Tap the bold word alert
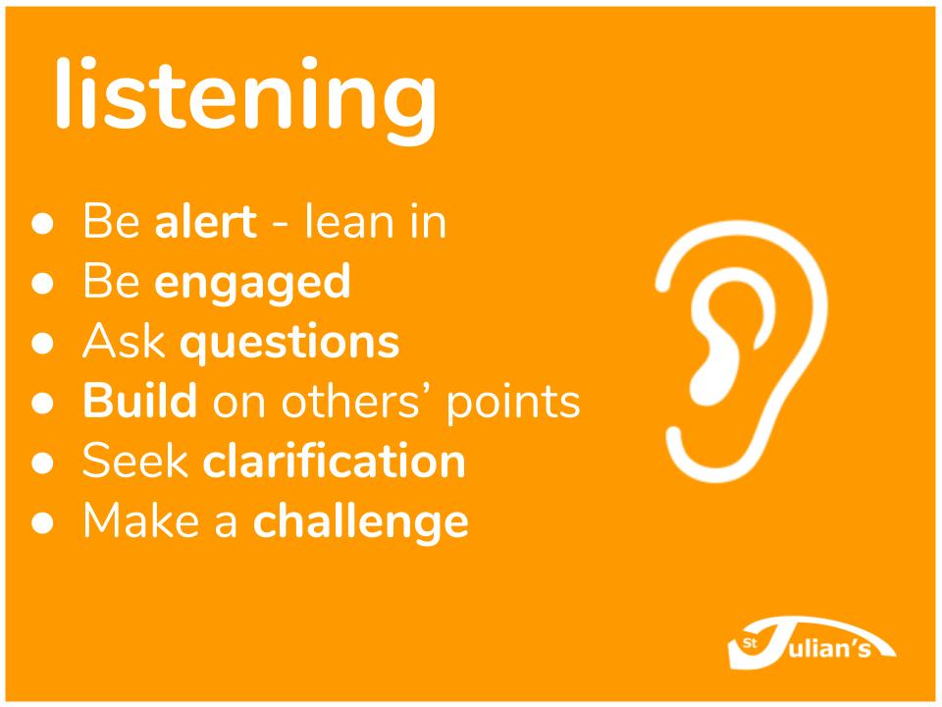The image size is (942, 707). coord(206,221)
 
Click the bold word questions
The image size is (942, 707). coord(289,343)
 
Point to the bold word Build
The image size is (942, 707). coord(140,400)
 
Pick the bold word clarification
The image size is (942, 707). coord(334,461)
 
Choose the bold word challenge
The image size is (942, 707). coord(360,520)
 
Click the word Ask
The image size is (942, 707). coord(124,341)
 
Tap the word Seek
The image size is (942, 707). coord(135,461)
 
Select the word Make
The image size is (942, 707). coord(141,520)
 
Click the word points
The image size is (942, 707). coord(513,403)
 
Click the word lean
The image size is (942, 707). coord(347,221)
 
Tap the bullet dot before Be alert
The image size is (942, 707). coord(42,223)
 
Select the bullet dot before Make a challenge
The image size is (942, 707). coord(42,522)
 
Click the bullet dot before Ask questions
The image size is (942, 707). coord(42,343)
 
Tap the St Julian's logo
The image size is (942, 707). coord(811,643)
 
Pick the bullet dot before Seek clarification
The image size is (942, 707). coord(42,462)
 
